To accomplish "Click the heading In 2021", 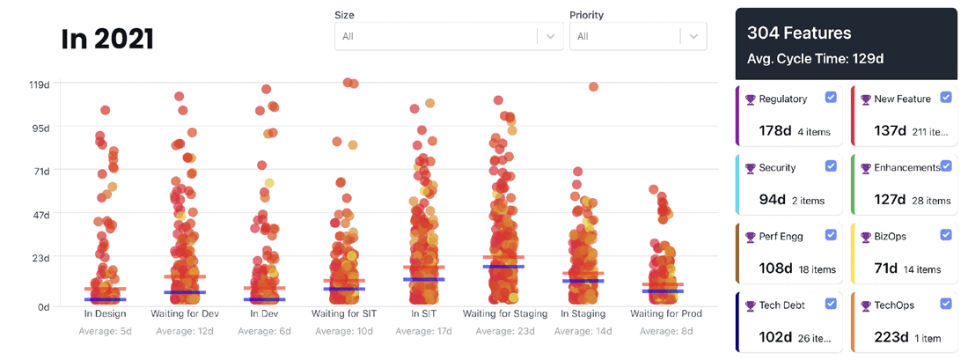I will pyautogui.click(x=107, y=39).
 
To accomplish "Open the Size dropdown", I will pyautogui.click(x=448, y=36).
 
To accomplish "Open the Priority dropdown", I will pyautogui.click(x=638, y=36).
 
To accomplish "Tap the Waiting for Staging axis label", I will pyautogui.click(x=505, y=313).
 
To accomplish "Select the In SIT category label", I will pyautogui.click(x=424, y=313).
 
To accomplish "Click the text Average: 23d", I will pyautogui.click(x=505, y=331).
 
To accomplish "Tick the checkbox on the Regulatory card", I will pyautogui.click(x=831, y=97).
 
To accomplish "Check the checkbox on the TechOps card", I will pyautogui.click(x=946, y=303).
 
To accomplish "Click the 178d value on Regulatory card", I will pyautogui.click(x=774, y=131).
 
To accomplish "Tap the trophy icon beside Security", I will pyautogui.click(x=750, y=168).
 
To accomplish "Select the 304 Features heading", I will pyautogui.click(x=799, y=33).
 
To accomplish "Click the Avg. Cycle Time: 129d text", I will pyautogui.click(x=815, y=59).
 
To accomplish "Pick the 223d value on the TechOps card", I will pyautogui.click(x=890, y=337).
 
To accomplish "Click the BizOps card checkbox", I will pyautogui.click(x=946, y=234).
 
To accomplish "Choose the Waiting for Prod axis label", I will pyautogui.click(x=665, y=313).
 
